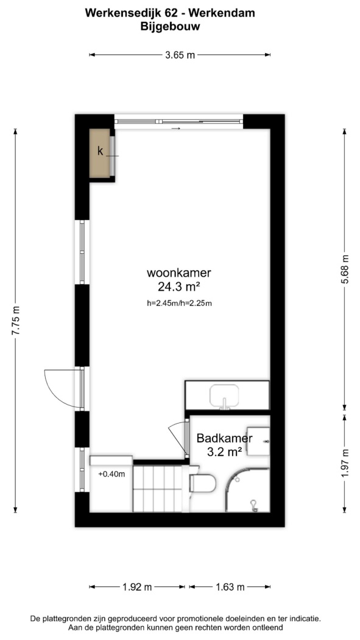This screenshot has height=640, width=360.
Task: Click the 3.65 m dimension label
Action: click(x=180, y=55)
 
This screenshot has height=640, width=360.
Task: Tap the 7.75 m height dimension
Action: click(x=16, y=321)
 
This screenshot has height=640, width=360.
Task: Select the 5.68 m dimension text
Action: click(x=345, y=270)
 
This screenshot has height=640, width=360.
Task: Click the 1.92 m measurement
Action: click(x=137, y=587)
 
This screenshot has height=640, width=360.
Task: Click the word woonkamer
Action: click(x=180, y=272)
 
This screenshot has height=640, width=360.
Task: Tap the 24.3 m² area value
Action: click(x=180, y=287)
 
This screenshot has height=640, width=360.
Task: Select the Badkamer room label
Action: click(x=225, y=439)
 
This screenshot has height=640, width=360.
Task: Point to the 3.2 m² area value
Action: click(x=225, y=452)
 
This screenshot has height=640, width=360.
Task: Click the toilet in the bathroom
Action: click(x=203, y=482)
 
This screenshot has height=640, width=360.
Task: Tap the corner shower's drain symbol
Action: click(x=255, y=506)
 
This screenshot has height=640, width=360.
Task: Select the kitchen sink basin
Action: click(x=225, y=396)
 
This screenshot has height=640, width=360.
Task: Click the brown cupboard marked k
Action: click(x=100, y=153)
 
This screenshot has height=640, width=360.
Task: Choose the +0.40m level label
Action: click(x=111, y=474)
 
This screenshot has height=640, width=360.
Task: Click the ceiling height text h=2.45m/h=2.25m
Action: click(x=180, y=303)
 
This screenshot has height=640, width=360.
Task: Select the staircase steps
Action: click(x=157, y=489)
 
